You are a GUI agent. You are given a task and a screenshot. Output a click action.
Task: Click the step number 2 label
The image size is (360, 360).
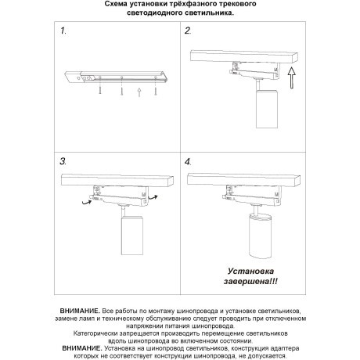189,32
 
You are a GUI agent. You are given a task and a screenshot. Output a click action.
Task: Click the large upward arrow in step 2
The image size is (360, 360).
291,77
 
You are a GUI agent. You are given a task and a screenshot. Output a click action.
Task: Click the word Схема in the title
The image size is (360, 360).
119,5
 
